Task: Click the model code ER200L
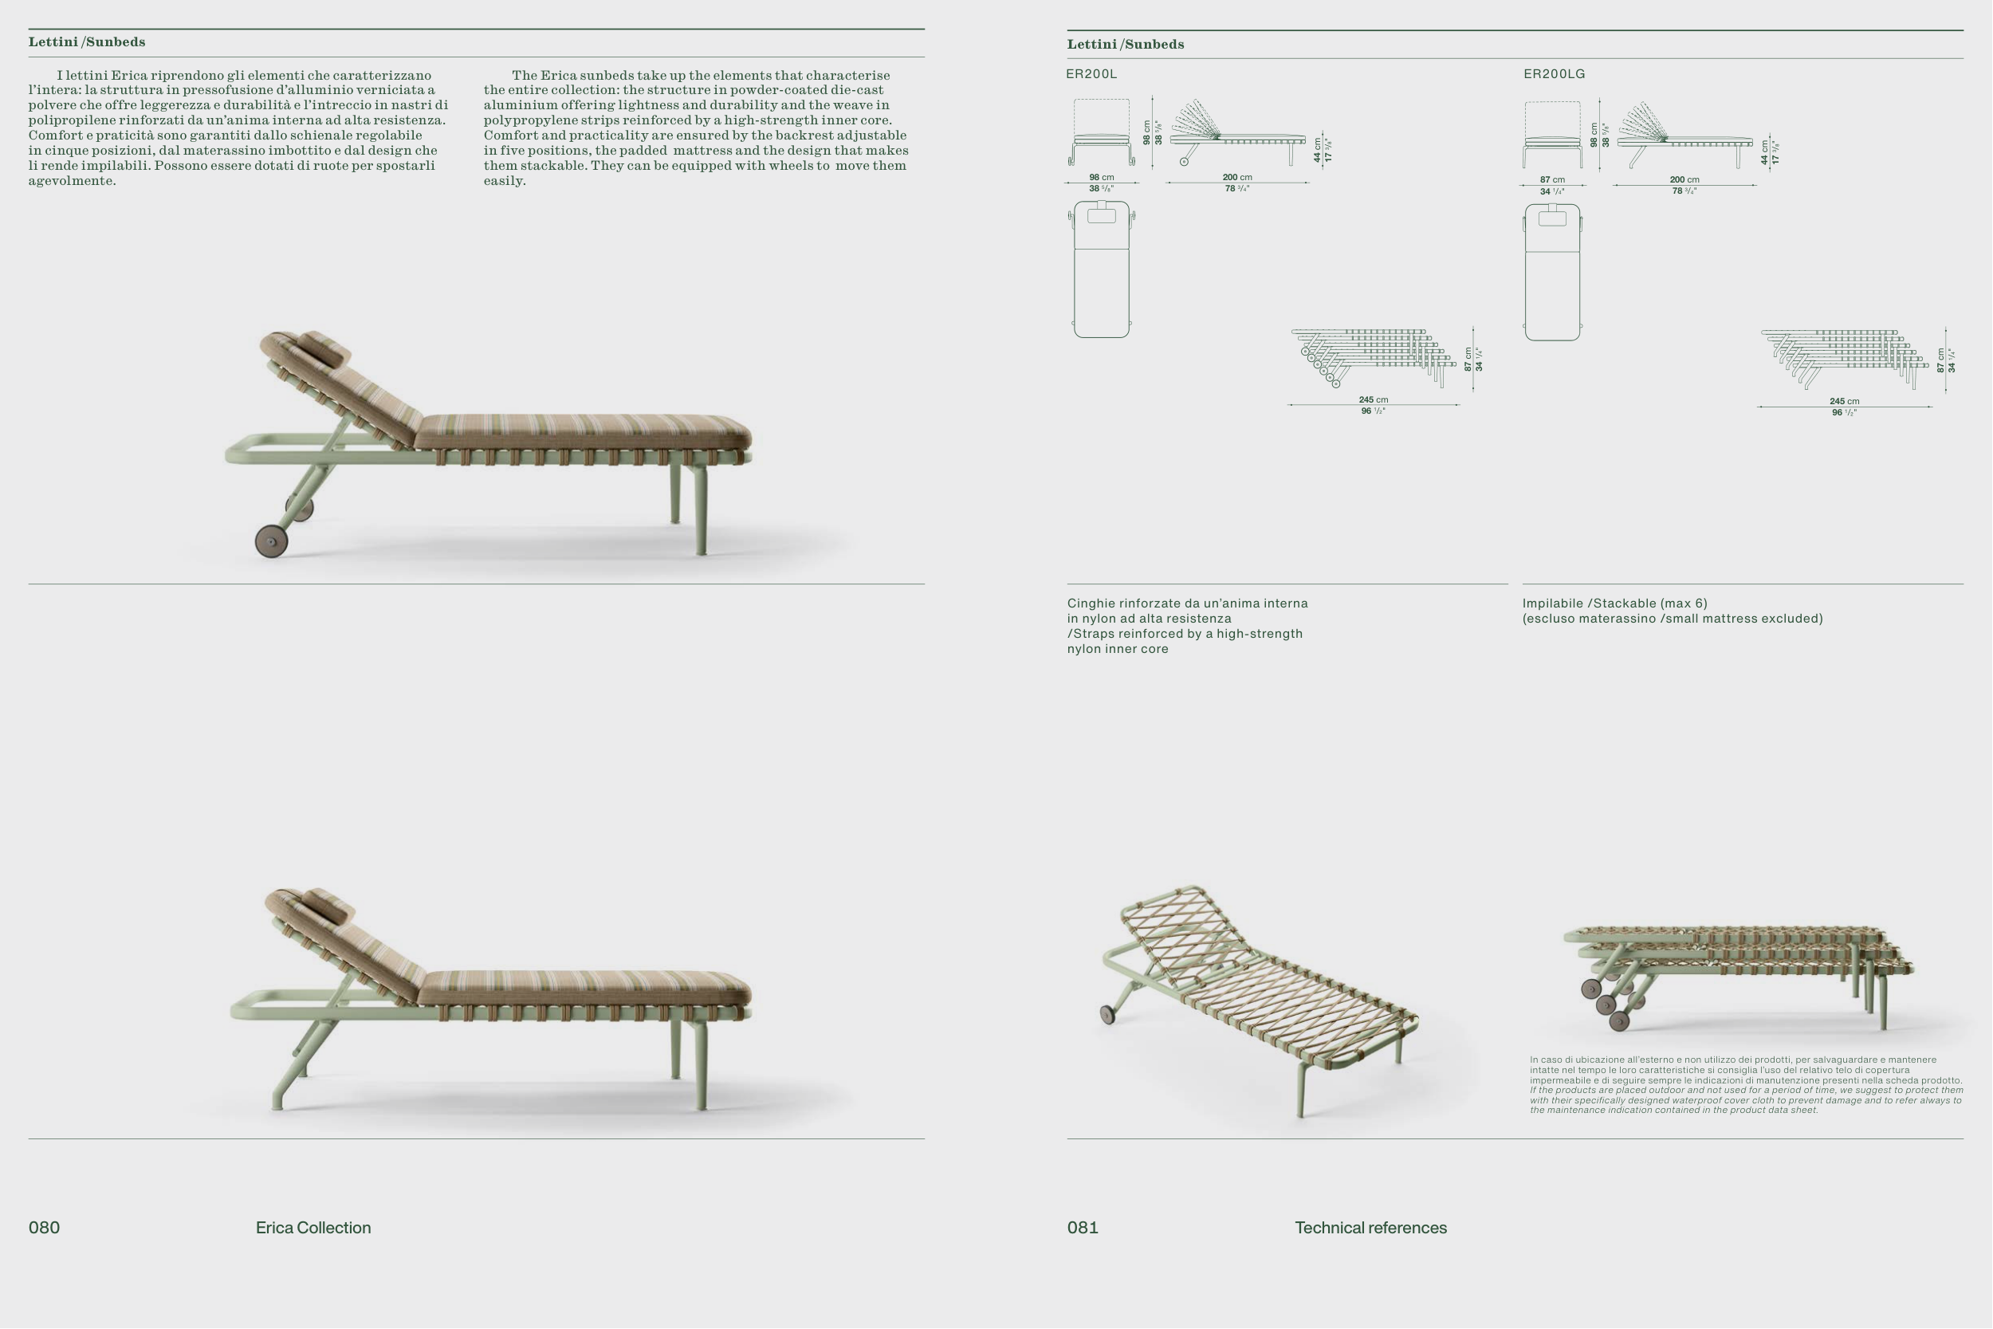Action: pos(1091,73)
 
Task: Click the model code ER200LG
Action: pos(1554,73)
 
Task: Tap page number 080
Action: pos(44,1227)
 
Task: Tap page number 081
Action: pos(1083,1227)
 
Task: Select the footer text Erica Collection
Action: pos(313,1227)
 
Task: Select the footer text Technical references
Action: pos(1371,1227)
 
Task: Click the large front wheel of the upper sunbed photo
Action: pos(271,541)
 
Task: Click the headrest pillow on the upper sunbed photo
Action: pos(323,349)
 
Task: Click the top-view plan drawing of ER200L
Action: pos(1102,269)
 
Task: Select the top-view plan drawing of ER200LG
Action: pos(1552,272)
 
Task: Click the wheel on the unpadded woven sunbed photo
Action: pos(1107,1015)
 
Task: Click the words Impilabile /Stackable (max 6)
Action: pos(1615,604)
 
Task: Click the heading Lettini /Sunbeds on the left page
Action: pos(86,41)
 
